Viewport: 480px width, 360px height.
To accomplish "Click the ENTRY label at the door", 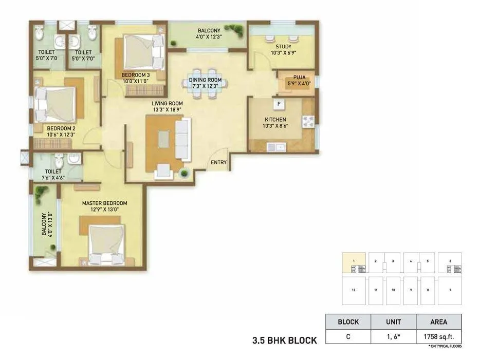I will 219,163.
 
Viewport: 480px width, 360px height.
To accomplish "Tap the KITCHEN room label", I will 275,120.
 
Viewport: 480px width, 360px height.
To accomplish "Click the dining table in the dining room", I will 205,80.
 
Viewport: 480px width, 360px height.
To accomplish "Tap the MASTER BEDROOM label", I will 104,203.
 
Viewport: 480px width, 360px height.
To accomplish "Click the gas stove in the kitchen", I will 308,122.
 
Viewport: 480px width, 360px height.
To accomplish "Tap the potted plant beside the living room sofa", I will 183,175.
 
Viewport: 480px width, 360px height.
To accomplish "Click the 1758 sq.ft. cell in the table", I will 438,337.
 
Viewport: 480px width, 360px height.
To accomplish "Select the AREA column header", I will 438,322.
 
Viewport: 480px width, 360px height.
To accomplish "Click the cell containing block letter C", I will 348,337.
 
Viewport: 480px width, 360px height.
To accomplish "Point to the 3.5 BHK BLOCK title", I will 284,340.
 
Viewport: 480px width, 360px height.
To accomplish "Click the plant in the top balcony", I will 238,32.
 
